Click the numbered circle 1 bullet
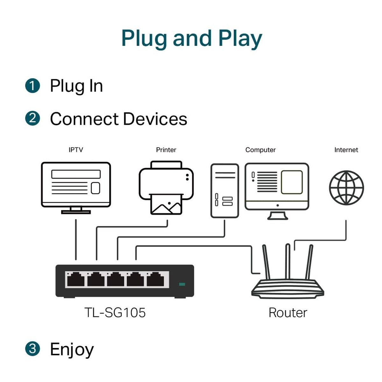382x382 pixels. (x=32, y=86)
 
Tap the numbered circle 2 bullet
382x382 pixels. (x=32, y=118)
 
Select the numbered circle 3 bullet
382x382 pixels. (x=32, y=349)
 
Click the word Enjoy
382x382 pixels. (x=72, y=350)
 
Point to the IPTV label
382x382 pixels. (x=76, y=150)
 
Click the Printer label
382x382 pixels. (x=166, y=150)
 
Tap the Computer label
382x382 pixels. (x=260, y=150)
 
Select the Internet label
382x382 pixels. (x=346, y=150)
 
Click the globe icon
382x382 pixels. (x=346, y=188)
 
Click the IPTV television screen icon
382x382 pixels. (x=76, y=185)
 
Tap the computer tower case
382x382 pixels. (x=225, y=190)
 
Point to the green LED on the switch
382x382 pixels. (x=182, y=284)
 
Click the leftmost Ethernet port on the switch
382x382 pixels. (x=76, y=279)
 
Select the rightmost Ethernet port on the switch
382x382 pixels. (x=155, y=279)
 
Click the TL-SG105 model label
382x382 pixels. (x=115, y=313)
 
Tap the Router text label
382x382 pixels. (x=288, y=313)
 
